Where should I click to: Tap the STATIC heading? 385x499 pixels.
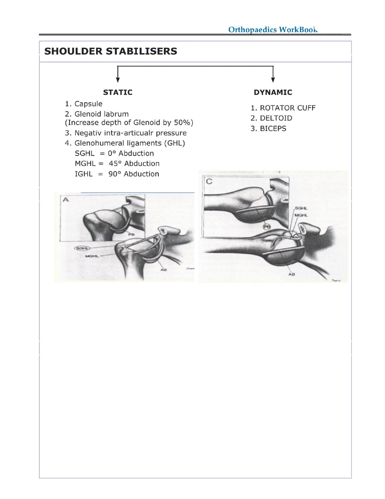(x=117, y=92)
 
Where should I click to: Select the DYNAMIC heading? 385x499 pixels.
(x=273, y=92)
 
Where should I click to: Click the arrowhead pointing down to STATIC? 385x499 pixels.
(x=118, y=80)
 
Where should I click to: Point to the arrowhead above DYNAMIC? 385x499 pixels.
(x=273, y=80)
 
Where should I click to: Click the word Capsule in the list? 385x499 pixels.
(x=88, y=104)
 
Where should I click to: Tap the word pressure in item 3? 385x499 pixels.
(x=171, y=133)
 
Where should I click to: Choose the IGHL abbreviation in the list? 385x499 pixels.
(x=84, y=174)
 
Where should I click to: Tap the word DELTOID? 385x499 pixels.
(x=276, y=118)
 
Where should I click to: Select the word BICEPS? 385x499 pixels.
(x=273, y=129)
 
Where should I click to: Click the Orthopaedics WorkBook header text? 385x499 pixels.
(x=273, y=30)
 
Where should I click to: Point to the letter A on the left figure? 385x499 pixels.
(x=66, y=200)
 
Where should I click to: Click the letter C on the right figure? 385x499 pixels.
(x=209, y=181)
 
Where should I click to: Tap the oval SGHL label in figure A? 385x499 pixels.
(x=82, y=248)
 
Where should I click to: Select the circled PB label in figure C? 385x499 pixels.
(x=267, y=227)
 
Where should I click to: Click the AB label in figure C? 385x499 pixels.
(x=291, y=274)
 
